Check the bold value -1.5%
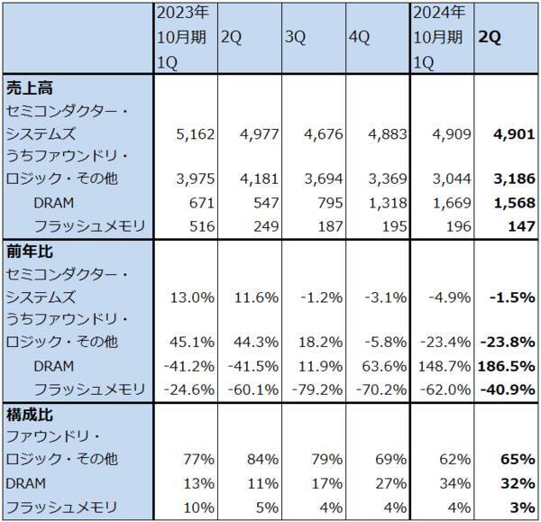pyautogui.click(x=513, y=295)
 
